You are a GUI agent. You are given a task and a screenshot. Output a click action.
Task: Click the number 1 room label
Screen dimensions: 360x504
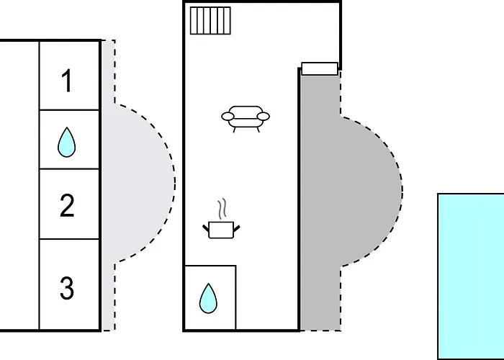pyautogui.click(x=67, y=81)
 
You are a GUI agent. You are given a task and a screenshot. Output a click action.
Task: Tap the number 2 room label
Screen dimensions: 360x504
pyautogui.click(x=67, y=206)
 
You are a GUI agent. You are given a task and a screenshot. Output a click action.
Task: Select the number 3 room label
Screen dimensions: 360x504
pyautogui.click(x=67, y=289)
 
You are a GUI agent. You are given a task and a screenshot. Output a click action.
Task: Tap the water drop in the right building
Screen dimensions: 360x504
pyautogui.click(x=209, y=297)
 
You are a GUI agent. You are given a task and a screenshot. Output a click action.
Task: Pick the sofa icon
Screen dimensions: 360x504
pyautogui.click(x=246, y=117)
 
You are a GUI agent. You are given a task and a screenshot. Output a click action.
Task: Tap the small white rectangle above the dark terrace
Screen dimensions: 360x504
pyautogui.click(x=319, y=68)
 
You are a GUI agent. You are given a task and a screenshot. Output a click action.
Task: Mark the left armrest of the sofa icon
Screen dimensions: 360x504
pyautogui.click(x=227, y=115)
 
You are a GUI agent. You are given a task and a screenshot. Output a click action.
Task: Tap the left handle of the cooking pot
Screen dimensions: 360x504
pyautogui.click(x=207, y=228)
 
